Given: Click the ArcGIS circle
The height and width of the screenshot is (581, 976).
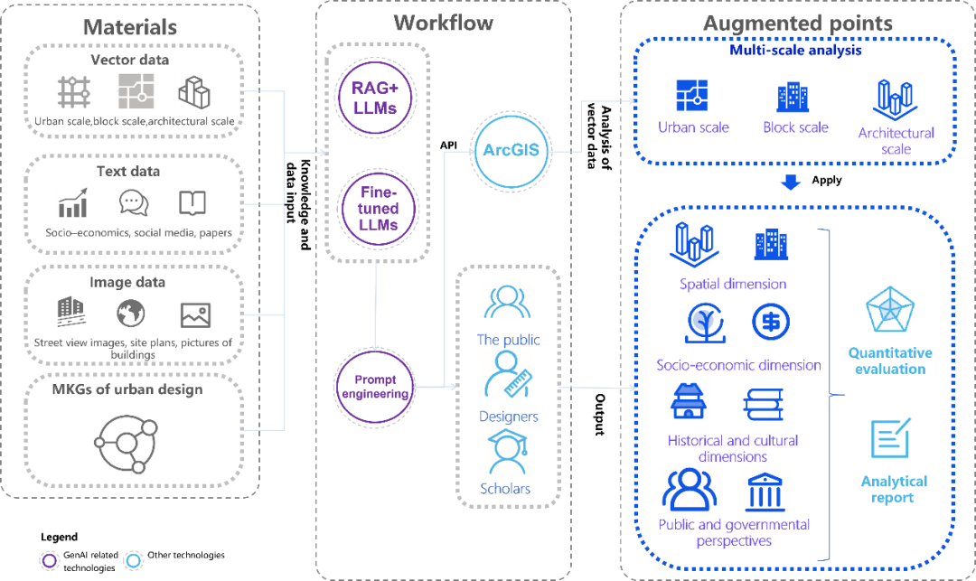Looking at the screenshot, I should [x=511, y=150].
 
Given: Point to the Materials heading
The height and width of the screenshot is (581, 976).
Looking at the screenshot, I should [x=130, y=27].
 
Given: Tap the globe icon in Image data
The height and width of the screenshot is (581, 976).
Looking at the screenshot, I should [x=131, y=314].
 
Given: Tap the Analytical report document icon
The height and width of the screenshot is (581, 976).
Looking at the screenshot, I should [x=892, y=438].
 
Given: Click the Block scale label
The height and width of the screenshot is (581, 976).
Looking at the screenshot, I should [x=795, y=127].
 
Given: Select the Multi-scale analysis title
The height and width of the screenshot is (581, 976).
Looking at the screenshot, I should [x=795, y=51].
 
